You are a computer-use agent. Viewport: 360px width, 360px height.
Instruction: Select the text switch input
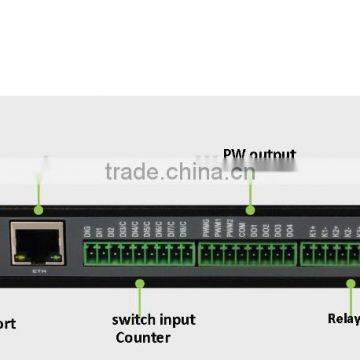(x=154, y=320)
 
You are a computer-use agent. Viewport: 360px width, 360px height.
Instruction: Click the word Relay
(x=343, y=320)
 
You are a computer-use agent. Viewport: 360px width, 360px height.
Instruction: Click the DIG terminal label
(x=88, y=232)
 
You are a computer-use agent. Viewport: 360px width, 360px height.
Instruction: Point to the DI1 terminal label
(x=100, y=232)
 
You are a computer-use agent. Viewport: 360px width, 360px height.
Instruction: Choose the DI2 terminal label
(x=112, y=232)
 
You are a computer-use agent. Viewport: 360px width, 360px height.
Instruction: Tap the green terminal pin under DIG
(x=88, y=252)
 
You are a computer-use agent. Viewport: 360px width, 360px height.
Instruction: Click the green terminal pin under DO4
(x=289, y=252)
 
